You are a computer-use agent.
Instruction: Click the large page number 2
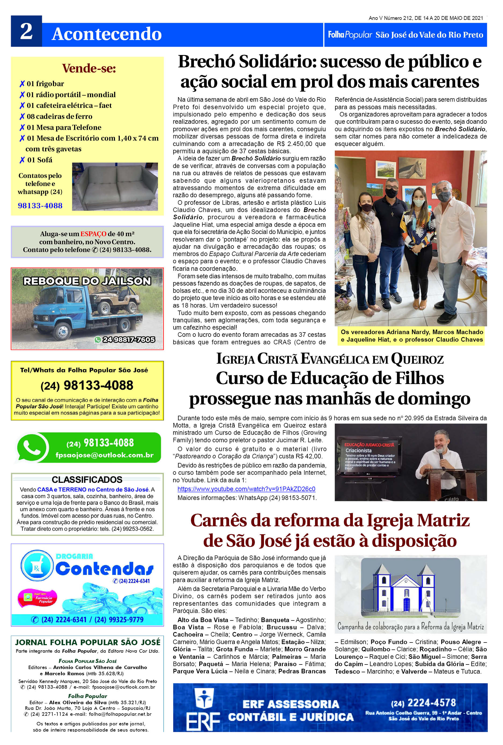tap(26, 31)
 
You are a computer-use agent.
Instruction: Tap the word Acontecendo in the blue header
tap(107, 34)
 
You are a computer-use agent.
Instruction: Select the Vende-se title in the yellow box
tap(89, 68)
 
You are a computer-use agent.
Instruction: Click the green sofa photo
tap(115, 187)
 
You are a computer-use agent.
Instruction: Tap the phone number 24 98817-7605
tap(129, 339)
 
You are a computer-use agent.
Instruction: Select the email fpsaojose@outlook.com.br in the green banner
tap(104, 455)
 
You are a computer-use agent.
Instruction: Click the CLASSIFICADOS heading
tap(87, 480)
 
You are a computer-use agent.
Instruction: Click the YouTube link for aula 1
tap(246, 489)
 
